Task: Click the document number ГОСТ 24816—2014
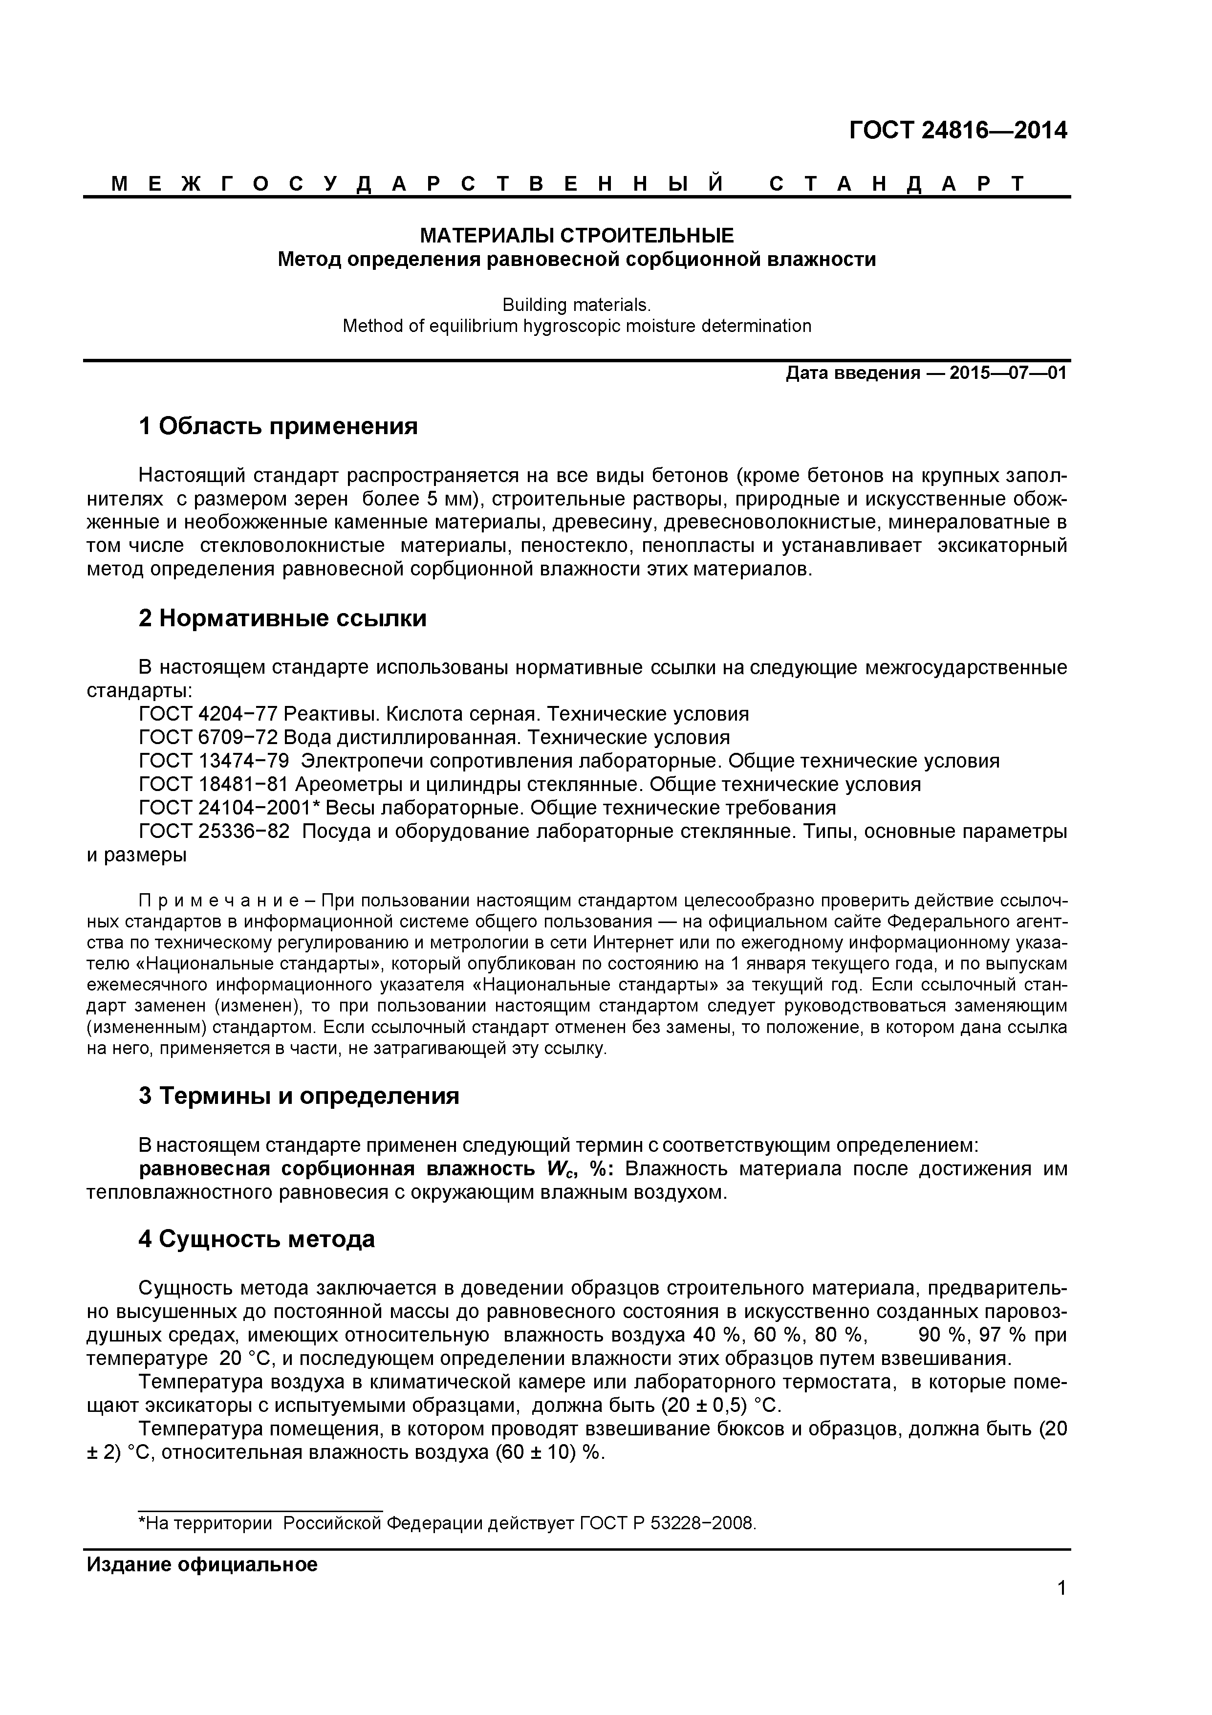tap(958, 131)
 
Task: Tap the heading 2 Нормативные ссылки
tap(282, 618)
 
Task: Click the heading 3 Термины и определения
tap(299, 1096)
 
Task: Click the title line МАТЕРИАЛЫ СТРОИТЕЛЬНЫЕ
tap(577, 236)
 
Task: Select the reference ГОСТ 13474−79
tap(215, 761)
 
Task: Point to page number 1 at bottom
tap(1061, 1608)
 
